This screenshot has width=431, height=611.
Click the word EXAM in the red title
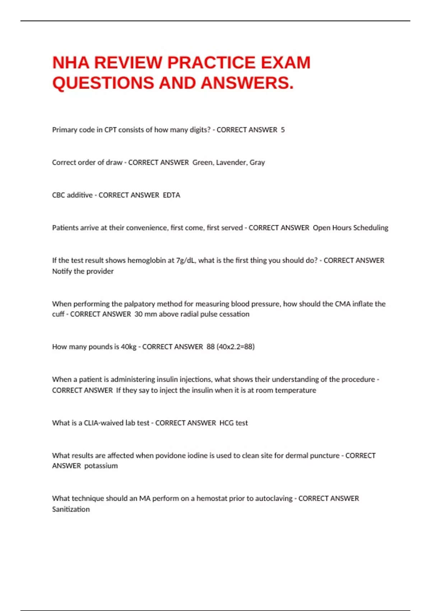285,63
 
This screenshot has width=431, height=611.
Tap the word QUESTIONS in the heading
103,83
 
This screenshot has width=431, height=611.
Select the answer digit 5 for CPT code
283,130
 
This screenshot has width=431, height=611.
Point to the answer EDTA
172,195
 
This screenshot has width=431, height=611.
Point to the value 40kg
129,347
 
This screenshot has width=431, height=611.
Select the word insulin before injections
167,380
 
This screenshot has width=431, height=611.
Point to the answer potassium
101,466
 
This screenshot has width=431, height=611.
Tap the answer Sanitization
71,509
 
